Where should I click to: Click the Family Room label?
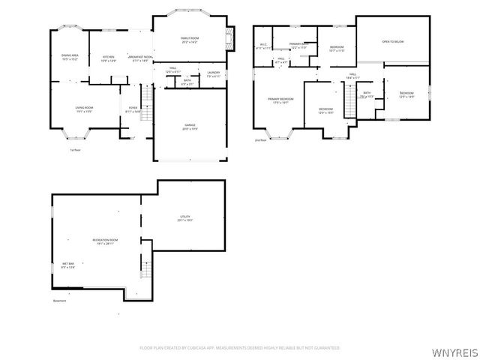coord(188,39)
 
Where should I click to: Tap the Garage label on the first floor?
coord(190,127)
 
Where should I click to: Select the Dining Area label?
coord(70,57)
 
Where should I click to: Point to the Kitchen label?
coord(109,58)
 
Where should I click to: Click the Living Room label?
coord(83,109)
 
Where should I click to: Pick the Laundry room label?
coord(214,73)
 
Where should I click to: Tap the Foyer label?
coord(133,109)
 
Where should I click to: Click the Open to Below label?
coord(392,41)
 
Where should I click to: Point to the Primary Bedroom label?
coord(280,100)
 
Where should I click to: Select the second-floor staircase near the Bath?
coord(349,99)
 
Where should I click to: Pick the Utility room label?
coord(185,218)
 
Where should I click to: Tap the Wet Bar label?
coord(67,265)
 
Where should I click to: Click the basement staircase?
coord(146,268)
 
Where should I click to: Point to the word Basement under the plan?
coord(60,301)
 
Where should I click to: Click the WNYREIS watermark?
coord(457,349)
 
